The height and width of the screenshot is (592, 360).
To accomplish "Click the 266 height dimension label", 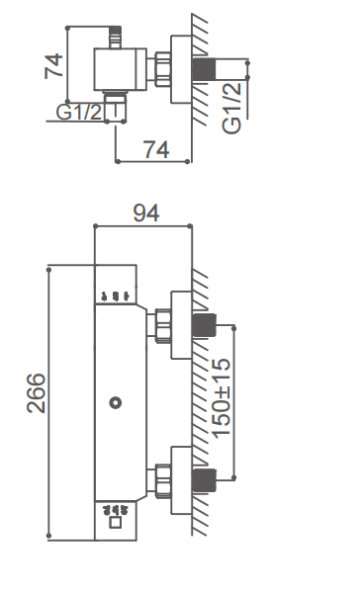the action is (x=37, y=393).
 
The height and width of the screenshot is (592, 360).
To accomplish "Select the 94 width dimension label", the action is (x=146, y=212).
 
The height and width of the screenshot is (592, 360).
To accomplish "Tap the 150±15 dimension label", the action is (x=221, y=398).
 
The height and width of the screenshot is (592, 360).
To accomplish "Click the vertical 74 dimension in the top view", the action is (x=53, y=66).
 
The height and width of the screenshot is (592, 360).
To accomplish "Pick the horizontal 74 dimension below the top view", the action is (x=156, y=149).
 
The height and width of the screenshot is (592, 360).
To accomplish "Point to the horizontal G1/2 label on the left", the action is (x=79, y=112).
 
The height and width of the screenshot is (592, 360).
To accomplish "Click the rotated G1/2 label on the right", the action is (x=231, y=108).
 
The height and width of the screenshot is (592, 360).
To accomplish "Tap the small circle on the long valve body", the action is (x=116, y=403).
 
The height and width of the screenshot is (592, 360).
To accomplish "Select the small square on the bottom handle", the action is (x=115, y=523).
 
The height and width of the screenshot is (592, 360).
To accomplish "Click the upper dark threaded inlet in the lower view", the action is (x=204, y=325).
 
